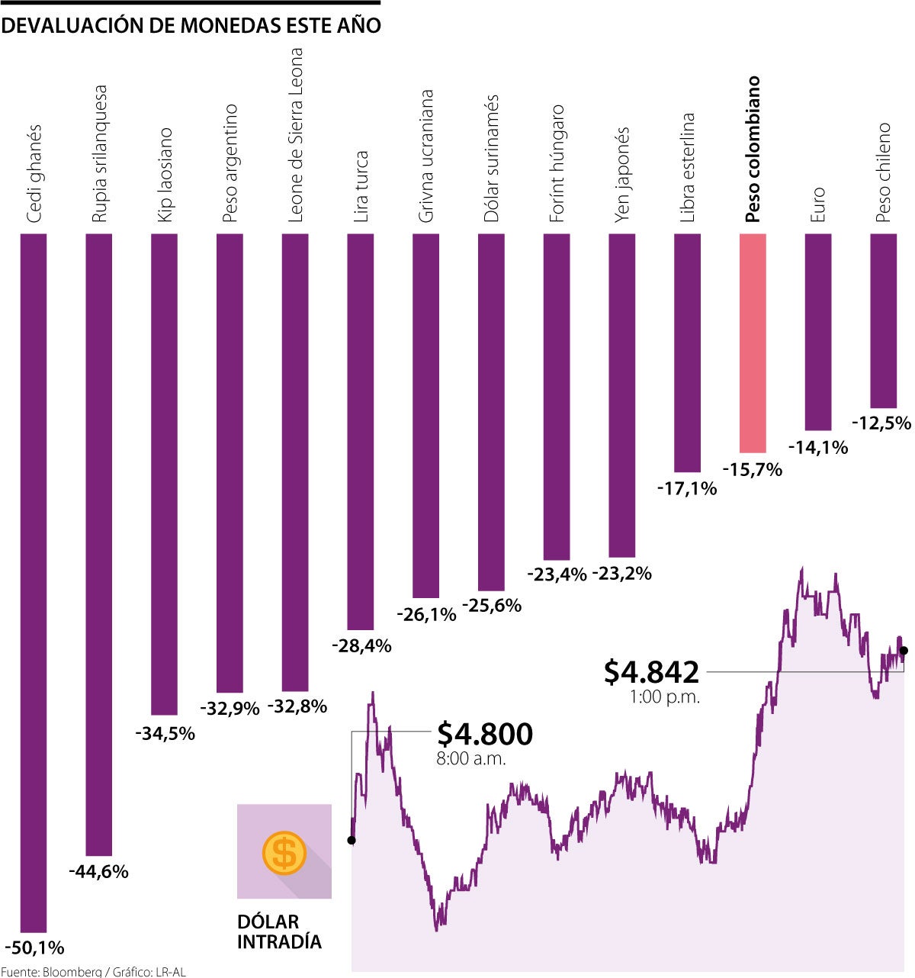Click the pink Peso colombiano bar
pos(753,343)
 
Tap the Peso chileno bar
pos(883,320)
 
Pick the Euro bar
pos(818,332)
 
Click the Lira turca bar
pos(361,432)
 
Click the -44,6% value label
pos(98,871)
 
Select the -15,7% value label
pos(752,470)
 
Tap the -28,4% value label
pos(361,646)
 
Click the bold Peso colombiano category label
pos(753,149)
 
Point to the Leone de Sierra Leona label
pos(295,135)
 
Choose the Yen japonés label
pos(622,175)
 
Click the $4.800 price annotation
pos(485,734)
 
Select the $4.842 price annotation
pos(651,672)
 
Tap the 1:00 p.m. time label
pos(664,697)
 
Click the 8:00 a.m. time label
pos(471,759)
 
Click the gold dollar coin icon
pos(284,852)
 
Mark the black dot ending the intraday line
pos(904,651)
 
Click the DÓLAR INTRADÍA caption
pos(279,931)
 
